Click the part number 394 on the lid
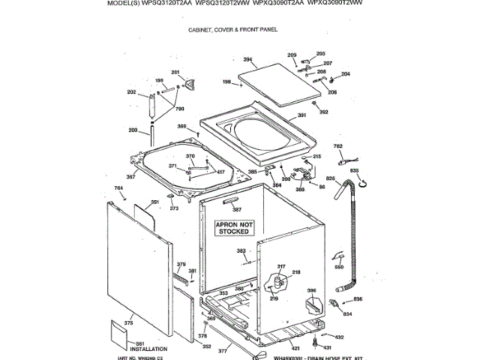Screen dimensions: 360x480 tap(247, 59)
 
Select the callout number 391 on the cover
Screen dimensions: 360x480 tap(302, 115)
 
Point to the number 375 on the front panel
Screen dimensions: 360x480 tap(128, 322)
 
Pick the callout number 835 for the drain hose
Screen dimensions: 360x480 tap(355, 172)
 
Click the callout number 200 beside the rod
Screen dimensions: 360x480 tap(133, 130)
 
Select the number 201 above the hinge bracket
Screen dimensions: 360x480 tap(175, 72)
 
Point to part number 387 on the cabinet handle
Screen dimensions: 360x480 tap(237, 209)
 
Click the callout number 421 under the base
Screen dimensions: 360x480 tap(295, 348)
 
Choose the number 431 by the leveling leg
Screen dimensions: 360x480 tap(326, 348)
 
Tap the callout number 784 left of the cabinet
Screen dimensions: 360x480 tap(118, 187)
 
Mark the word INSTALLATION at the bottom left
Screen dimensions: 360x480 tap(148, 349)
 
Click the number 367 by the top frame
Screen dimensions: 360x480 tap(130, 177)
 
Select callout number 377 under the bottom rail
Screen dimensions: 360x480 tap(222, 351)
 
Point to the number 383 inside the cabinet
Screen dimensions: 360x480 tap(241, 250)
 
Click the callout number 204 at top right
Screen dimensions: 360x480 tap(346, 73)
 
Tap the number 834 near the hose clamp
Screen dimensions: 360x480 tap(346, 313)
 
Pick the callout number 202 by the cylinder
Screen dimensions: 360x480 tap(131, 92)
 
